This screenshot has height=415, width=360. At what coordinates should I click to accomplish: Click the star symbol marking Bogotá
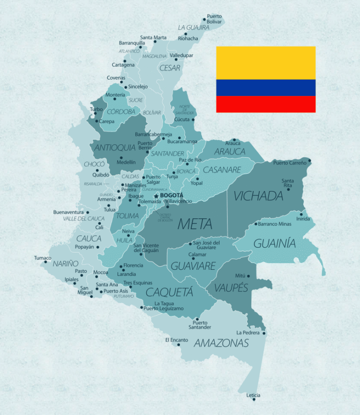(156, 196)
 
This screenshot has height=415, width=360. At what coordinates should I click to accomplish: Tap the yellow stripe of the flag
(266, 63)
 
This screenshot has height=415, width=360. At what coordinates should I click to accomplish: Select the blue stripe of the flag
(266, 88)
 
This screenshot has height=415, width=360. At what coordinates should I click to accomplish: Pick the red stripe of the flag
(266, 104)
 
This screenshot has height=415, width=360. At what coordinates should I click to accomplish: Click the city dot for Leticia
(254, 400)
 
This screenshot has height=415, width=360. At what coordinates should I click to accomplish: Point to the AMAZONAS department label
(221, 343)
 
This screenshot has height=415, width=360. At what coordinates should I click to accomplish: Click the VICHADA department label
(258, 196)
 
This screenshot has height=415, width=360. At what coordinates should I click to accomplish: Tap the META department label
(195, 224)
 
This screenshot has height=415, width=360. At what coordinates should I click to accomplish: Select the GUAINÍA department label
(275, 244)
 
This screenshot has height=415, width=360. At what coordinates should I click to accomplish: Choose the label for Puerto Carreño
(290, 163)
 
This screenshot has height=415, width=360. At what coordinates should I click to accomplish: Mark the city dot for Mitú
(248, 276)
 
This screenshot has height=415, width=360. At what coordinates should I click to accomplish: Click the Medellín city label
(127, 162)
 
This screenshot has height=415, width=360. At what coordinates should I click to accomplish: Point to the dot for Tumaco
(46, 262)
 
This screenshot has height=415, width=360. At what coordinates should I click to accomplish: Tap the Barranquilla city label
(132, 43)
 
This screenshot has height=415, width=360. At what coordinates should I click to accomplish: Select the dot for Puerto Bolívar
(204, 20)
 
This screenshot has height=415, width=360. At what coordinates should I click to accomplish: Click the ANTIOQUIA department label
(115, 148)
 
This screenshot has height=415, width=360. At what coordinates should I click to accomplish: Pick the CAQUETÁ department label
(169, 292)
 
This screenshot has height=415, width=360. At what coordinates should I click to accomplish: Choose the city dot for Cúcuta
(193, 119)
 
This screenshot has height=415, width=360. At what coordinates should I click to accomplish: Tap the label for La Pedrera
(248, 333)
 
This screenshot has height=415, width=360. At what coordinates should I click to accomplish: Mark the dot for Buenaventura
(88, 212)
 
